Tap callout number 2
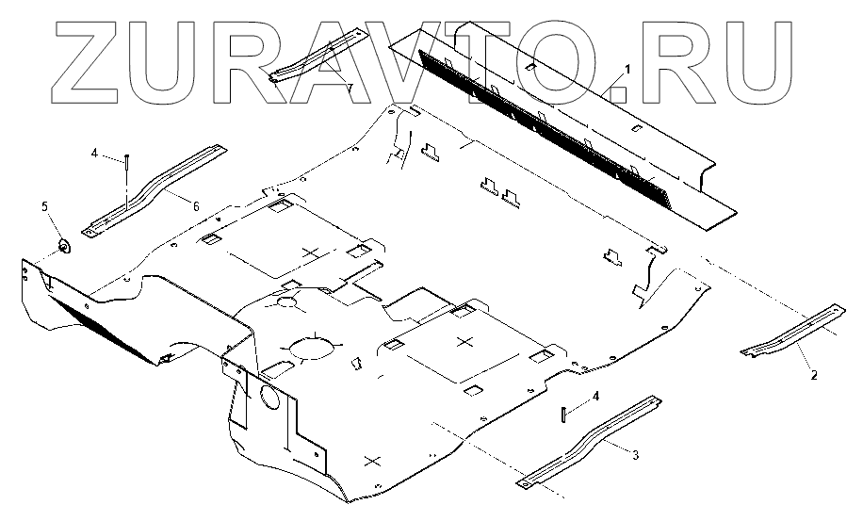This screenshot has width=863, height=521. pos(814,374)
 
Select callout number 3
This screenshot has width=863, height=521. pos(635,455)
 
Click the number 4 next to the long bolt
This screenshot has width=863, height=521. pos(94,151)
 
